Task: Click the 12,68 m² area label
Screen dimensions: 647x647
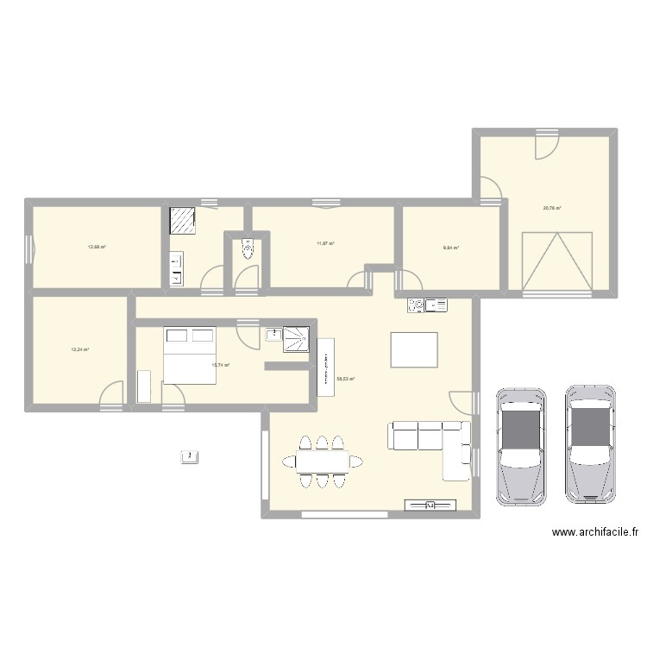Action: (97, 248)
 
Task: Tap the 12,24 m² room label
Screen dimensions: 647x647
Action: (80, 349)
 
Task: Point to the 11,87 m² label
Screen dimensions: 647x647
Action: (325, 243)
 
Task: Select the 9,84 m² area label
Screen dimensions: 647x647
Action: (450, 248)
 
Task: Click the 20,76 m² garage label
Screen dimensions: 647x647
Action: (552, 208)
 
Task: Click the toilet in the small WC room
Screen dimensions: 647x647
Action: (248, 249)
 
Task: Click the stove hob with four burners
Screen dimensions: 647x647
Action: (415, 304)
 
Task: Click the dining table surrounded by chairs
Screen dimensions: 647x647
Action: (322, 462)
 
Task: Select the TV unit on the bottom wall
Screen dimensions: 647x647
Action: (429, 506)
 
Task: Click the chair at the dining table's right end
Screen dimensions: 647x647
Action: (357, 462)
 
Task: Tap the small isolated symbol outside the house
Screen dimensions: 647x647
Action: (188, 456)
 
